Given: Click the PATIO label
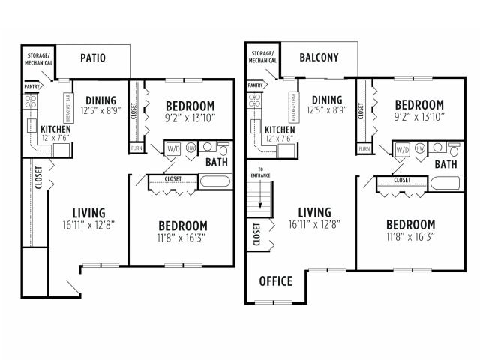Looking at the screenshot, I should [x=94, y=58].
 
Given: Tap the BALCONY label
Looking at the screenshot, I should [x=319, y=58].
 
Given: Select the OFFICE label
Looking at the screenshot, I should [x=275, y=281].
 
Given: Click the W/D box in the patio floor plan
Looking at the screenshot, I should [x=172, y=148].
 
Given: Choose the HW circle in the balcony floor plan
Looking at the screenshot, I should [x=419, y=148].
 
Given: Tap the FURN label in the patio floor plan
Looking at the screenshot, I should [x=136, y=148].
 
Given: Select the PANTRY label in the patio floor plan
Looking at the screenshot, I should [x=31, y=87].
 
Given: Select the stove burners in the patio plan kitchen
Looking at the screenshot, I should [x=31, y=103].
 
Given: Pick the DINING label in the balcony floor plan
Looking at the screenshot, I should [x=327, y=100].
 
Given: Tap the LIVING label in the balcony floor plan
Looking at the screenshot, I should [x=313, y=212].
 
